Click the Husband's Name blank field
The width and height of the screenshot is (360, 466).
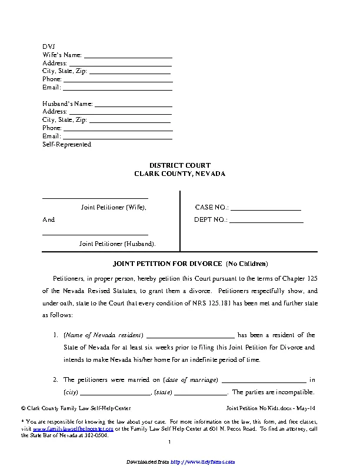click(134, 105)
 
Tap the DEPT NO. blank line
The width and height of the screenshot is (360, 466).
click(266, 220)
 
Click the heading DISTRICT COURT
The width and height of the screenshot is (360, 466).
click(179, 165)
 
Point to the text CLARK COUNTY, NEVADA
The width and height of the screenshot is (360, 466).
click(179, 174)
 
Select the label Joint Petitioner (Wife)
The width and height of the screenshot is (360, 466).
click(113, 208)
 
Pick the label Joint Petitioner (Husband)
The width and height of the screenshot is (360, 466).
click(118, 244)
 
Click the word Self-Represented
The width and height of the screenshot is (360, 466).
click(66, 144)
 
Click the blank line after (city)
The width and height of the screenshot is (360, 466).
click(116, 393)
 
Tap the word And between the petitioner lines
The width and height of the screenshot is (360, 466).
click(48, 220)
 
